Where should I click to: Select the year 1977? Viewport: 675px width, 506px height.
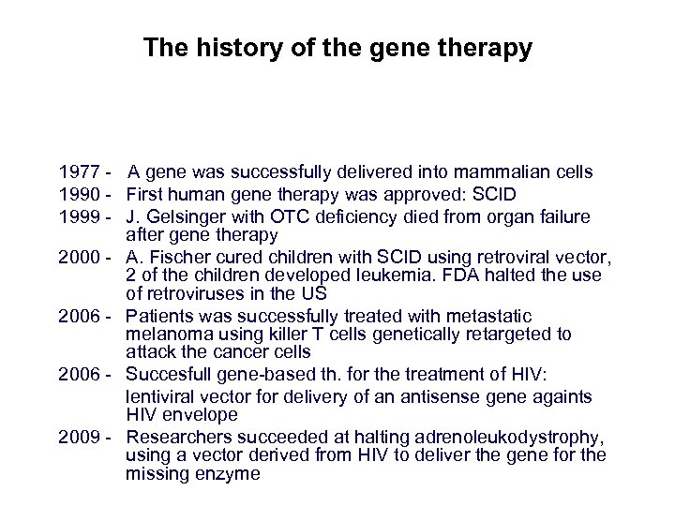(x=78, y=172)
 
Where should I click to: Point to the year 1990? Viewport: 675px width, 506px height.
(x=78, y=195)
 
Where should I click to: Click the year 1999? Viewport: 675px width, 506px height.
(x=78, y=217)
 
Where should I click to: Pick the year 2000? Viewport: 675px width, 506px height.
(x=78, y=257)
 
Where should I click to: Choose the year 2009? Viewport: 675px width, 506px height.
(x=78, y=438)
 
